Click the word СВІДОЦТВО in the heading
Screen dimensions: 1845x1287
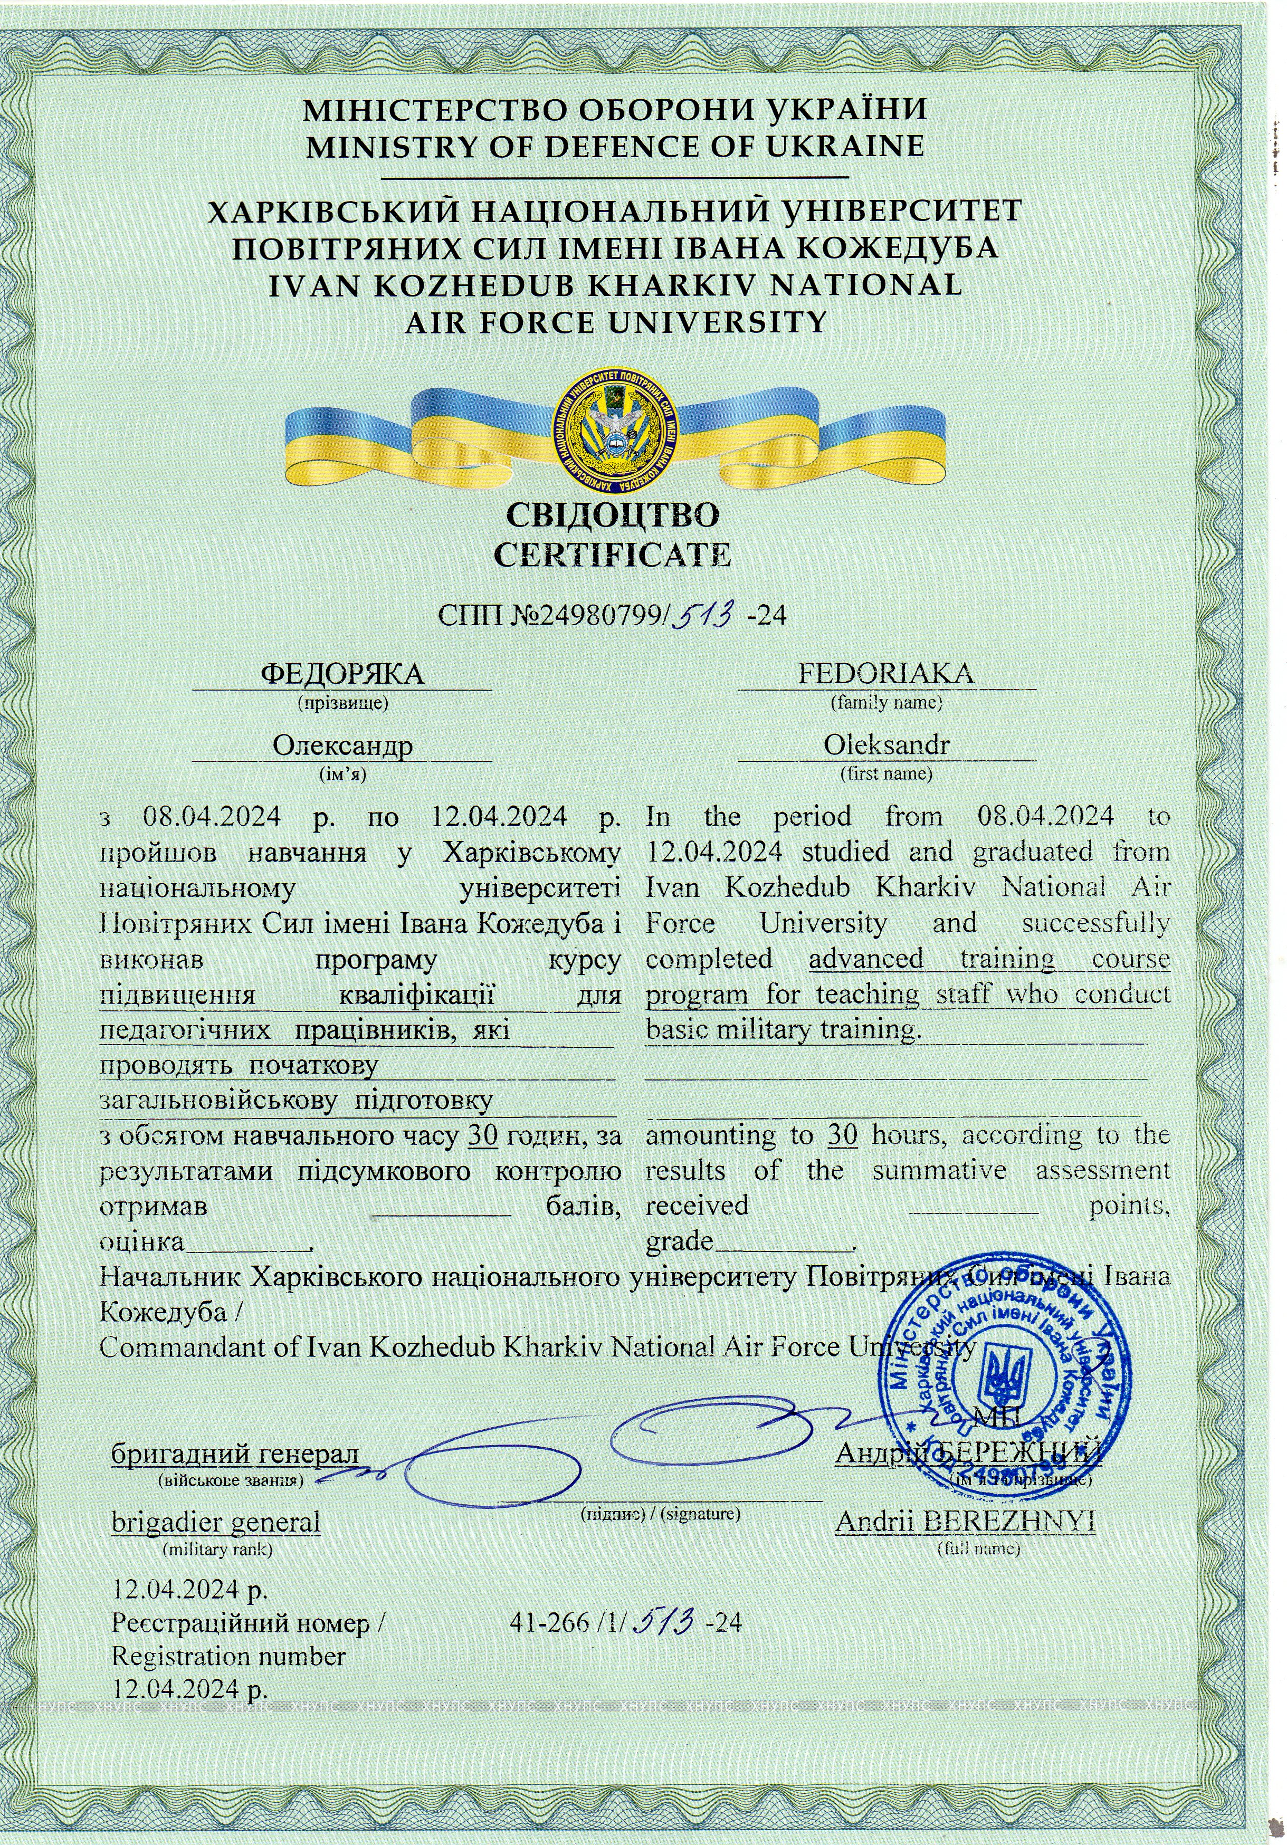tap(613, 514)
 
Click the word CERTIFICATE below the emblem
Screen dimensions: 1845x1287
tap(613, 555)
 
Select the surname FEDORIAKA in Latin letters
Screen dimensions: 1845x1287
tap(886, 673)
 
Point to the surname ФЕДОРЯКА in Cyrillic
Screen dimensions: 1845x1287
tap(342, 673)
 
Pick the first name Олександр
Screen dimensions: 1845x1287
tap(342, 745)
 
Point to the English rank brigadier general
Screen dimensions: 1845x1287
tap(215, 1522)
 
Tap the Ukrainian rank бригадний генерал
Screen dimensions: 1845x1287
tap(235, 1453)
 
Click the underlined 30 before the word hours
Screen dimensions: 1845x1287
tap(842, 1135)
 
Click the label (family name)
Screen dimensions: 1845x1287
tap(886, 702)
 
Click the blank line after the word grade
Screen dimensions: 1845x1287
tap(783, 1242)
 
